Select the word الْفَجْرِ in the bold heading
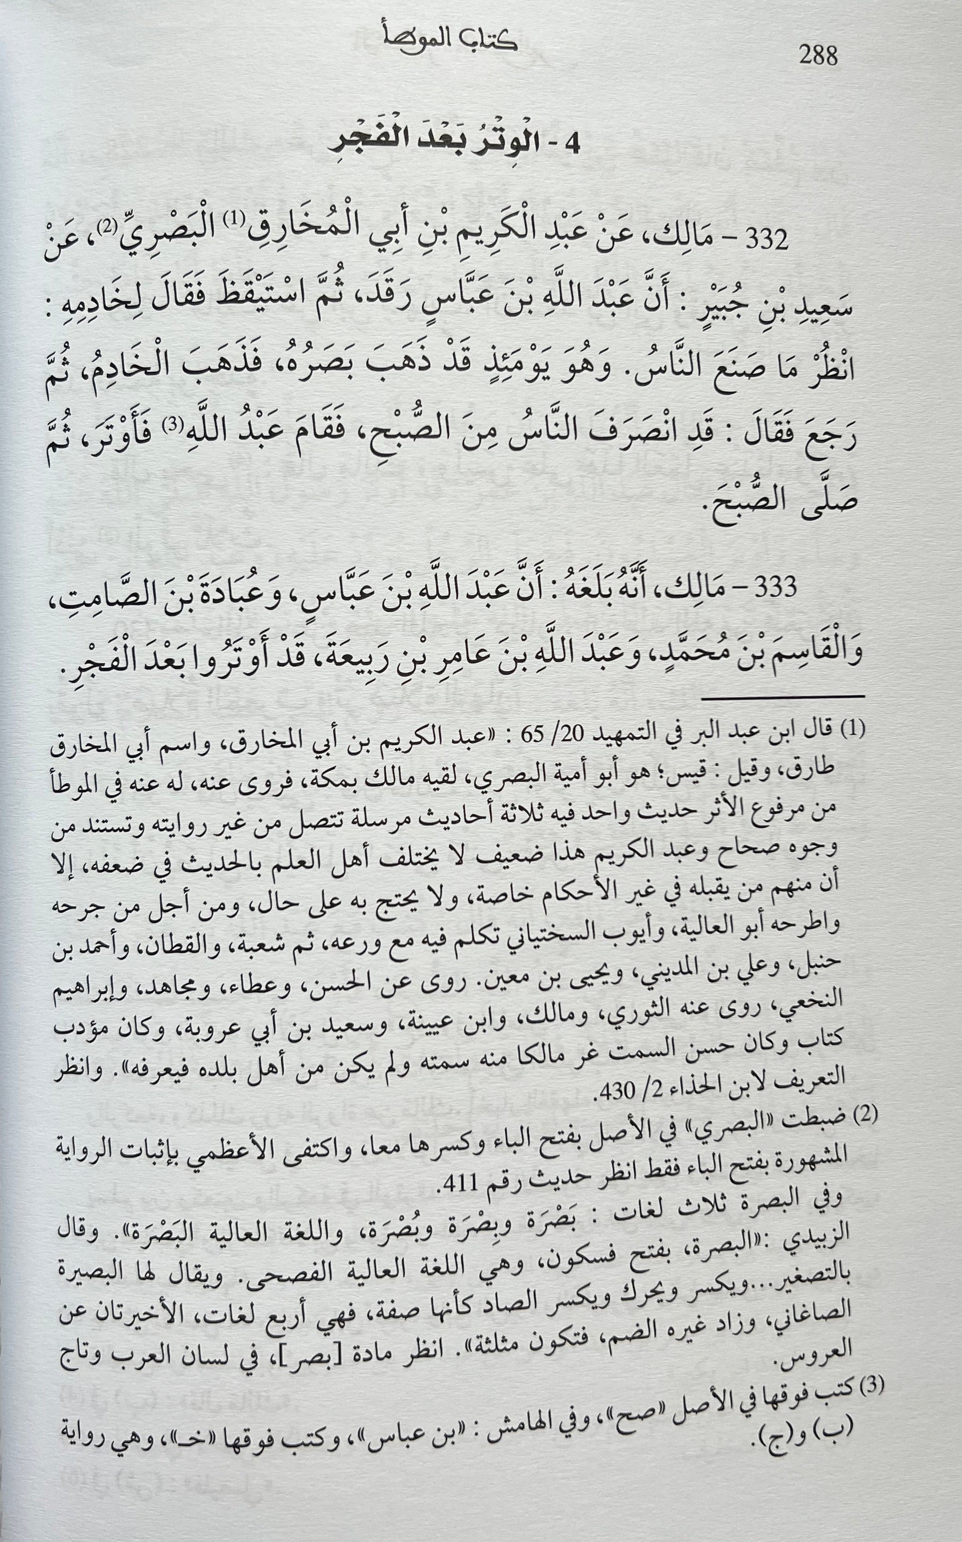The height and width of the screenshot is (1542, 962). pyautogui.click(x=367, y=142)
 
